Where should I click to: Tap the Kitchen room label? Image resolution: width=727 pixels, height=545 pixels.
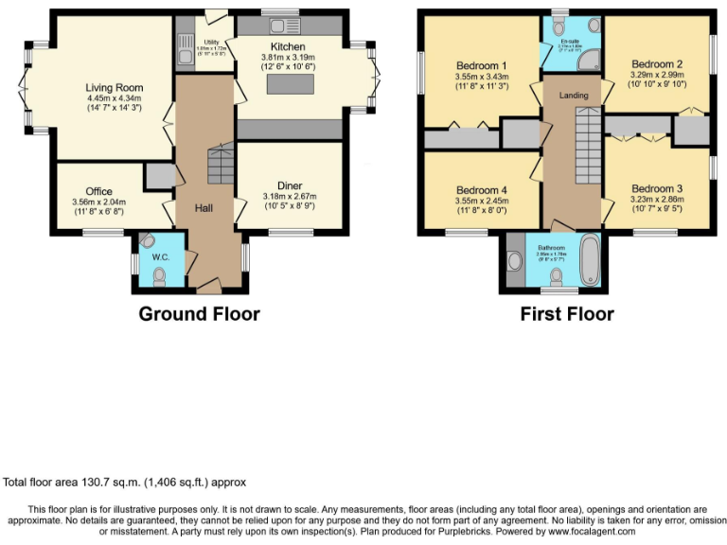(288, 45)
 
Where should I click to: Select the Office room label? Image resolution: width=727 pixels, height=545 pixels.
(98, 191)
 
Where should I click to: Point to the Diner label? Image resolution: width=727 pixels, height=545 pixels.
(290, 185)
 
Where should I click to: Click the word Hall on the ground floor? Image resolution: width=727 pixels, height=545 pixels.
(204, 208)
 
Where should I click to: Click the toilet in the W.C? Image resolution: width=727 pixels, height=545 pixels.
(158, 275)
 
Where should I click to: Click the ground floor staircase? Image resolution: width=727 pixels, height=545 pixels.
(220, 165)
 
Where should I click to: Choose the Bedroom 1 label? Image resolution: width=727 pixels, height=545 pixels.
(481, 65)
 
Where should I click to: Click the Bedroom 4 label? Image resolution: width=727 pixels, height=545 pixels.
(481, 188)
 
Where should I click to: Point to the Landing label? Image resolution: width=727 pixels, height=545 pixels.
(573, 95)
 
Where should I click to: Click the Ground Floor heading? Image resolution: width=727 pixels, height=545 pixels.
(199, 314)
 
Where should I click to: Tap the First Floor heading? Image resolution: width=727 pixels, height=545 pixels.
(566, 314)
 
